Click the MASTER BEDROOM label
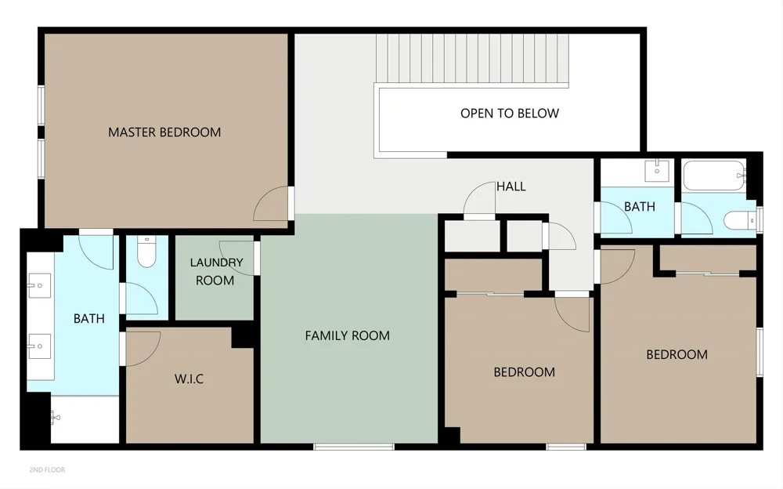coord(164,132)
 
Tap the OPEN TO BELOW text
coord(510,114)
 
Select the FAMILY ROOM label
coord(347,335)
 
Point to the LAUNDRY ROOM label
coord(216,271)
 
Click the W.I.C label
coord(189,379)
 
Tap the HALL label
coord(511,187)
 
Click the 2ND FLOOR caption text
coord(47,469)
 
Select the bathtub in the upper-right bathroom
coord(714,176)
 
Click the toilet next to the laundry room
coord(146,252)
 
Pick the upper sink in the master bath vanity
coord(39,285)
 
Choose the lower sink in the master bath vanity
coord(39,346)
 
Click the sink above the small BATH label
coord(657,171)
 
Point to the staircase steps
coord(472,59)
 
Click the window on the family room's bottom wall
coord(354,447)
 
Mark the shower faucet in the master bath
coord(56,417)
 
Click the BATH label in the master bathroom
coord(89,318)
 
